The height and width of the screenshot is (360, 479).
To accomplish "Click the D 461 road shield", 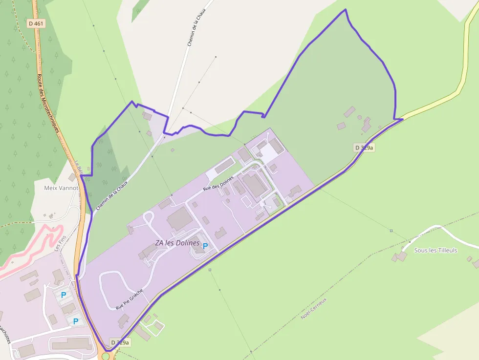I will point(36,23).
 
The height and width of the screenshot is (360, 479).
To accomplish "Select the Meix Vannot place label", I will point(61,188).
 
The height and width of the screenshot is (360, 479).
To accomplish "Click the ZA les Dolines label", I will point(177,243).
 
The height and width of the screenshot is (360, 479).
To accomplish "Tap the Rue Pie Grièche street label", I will point(130,299).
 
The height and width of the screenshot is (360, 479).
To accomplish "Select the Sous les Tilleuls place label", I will point(435,250).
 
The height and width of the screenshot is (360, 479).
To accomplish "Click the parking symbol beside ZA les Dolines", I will point(205,246).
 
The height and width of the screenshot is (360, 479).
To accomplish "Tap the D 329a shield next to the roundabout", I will point(120,342).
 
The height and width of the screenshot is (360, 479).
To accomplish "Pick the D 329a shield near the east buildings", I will point(364,147).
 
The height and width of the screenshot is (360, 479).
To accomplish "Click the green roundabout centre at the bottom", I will point(106,357).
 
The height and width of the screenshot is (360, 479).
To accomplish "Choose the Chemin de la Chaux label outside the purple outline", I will point(196,27).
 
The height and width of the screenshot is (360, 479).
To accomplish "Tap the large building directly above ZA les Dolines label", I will point(179,218).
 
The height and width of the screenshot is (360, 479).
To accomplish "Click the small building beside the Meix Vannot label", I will point(72,177).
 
